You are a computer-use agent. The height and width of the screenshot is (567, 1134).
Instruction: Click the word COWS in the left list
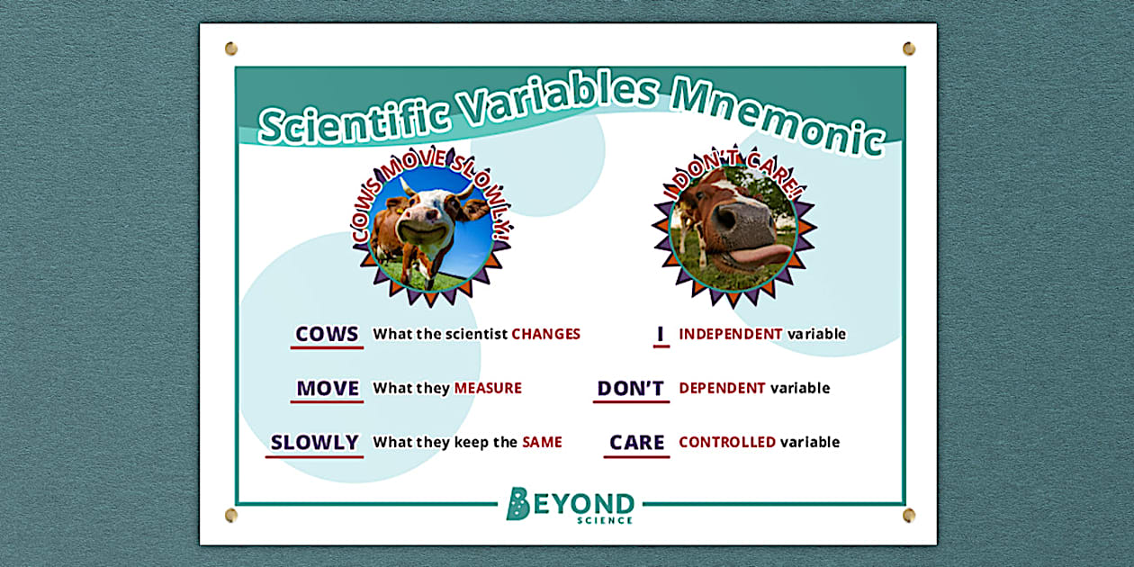point(327,334)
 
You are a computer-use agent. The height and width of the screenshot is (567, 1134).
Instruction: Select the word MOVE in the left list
point(328,388)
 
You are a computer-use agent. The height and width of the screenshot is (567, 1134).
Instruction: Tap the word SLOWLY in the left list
point(314,442)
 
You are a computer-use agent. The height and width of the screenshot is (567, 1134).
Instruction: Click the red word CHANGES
point(545,334)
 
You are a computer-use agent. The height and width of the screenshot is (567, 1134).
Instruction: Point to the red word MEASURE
point(488,388)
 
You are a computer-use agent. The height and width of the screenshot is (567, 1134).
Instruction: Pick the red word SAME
point(542,442)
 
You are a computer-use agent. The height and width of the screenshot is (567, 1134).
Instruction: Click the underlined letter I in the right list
point(661,334)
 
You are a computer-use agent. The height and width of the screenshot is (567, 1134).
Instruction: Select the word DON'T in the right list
point(631,388)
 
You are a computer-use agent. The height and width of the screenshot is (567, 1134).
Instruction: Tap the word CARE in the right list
point(636,442)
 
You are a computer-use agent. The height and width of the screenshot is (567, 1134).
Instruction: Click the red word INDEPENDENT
point(730,334)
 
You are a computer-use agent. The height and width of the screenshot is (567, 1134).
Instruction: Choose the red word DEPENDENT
point(722,388)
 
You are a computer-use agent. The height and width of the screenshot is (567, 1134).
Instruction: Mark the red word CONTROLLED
point(727,442)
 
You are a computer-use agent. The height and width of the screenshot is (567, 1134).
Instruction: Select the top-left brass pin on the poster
point(231,48)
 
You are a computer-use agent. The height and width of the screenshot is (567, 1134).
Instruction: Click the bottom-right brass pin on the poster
point(908,515)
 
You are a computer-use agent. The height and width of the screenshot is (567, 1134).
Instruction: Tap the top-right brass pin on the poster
point(908,48)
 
